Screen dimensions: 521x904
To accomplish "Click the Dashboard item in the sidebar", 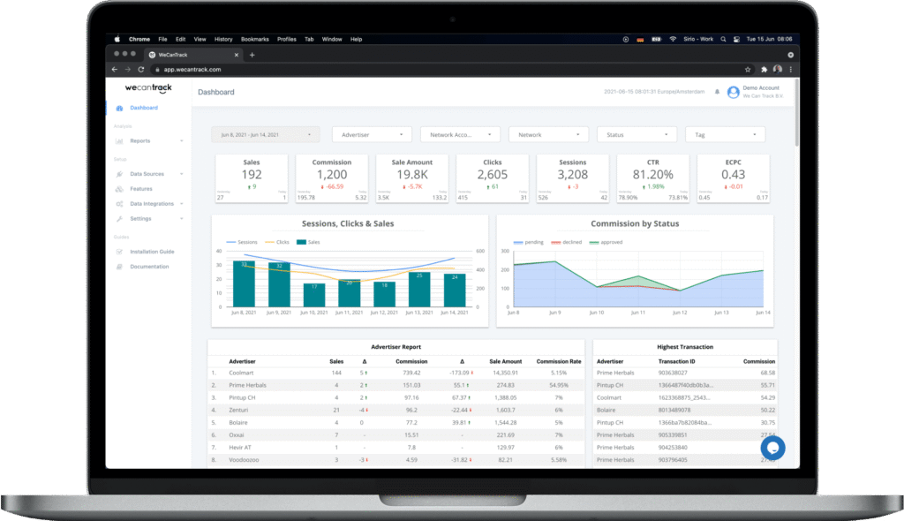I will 143,108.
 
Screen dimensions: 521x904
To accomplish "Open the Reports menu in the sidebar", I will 139,140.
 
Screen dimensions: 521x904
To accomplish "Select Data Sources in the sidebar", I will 147,174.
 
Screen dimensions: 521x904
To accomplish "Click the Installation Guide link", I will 152,252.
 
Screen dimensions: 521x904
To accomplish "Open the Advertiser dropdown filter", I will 372,134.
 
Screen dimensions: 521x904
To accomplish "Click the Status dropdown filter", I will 637,134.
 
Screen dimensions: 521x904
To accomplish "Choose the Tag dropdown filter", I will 725,134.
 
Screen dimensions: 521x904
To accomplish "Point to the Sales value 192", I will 252,175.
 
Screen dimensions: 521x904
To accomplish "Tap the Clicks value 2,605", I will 493,175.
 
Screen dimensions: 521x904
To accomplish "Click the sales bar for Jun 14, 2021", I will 454,291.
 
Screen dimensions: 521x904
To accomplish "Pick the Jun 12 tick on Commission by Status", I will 680,313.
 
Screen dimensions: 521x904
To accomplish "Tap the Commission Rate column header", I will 559,361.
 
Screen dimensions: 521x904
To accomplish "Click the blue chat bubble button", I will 772,447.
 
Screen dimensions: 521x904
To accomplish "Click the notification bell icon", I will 717,92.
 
